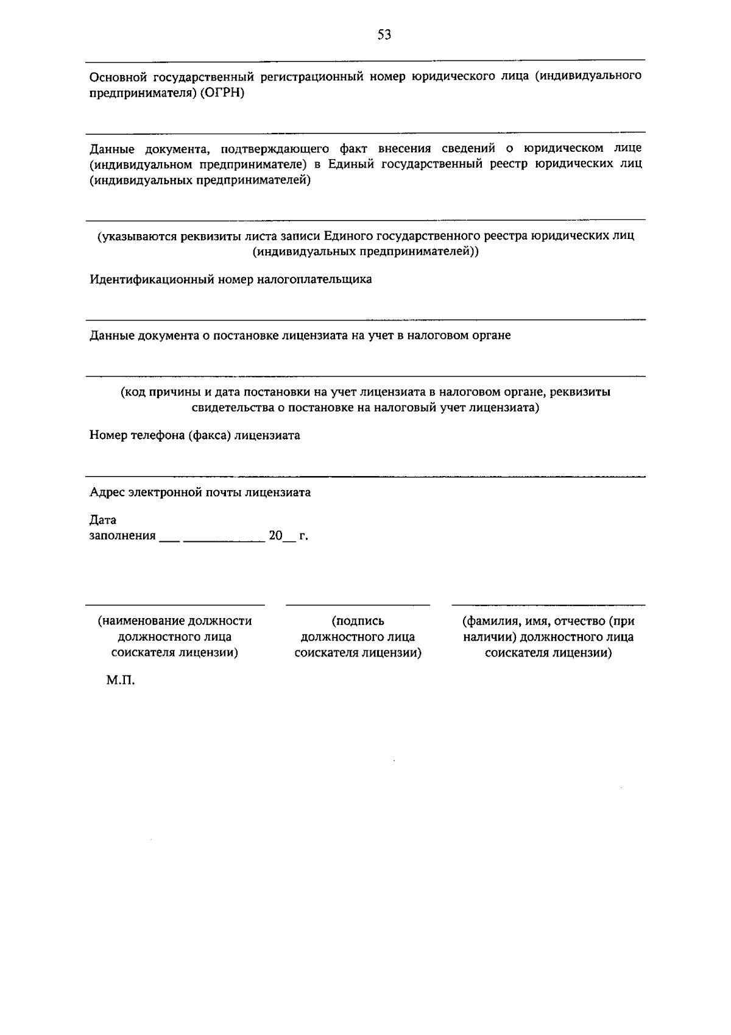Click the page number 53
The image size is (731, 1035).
coord(384,35)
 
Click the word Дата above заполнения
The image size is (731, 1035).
coord(102,520)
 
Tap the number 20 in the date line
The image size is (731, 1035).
coord(276,536)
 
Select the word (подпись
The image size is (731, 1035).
coord(358,621)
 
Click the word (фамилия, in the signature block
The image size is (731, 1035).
coord(490,621)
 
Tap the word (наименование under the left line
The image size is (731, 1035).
coord(141,621)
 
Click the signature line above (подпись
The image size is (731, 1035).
coord(358,605)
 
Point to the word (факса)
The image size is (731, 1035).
coord(209,436)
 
